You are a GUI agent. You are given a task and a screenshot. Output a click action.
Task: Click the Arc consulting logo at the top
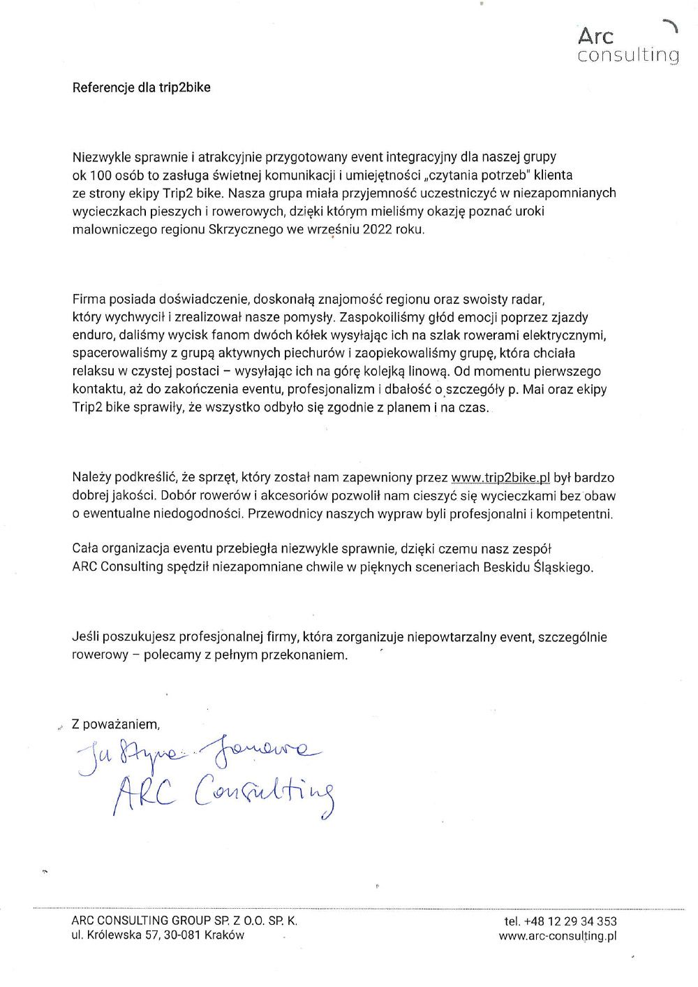[x=628, y=44]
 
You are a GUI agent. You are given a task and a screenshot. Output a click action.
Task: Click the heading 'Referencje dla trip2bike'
[x=141, y=87]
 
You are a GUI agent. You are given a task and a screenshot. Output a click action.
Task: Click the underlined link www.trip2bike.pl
[x=500, y=478]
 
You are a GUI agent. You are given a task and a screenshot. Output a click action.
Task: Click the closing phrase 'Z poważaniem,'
[x=116, y=724]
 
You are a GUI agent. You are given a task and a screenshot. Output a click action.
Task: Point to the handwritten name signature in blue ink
[x=199, y=753]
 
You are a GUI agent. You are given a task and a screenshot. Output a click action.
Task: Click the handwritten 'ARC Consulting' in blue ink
[x=223, y=793]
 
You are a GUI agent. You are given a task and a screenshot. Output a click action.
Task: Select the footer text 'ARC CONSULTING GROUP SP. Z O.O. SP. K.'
[x=184, y=921]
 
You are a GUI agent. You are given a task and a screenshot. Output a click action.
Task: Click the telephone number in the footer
[x=560, y=921]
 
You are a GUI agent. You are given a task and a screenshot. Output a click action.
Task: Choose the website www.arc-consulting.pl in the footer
[x=557, y=936]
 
